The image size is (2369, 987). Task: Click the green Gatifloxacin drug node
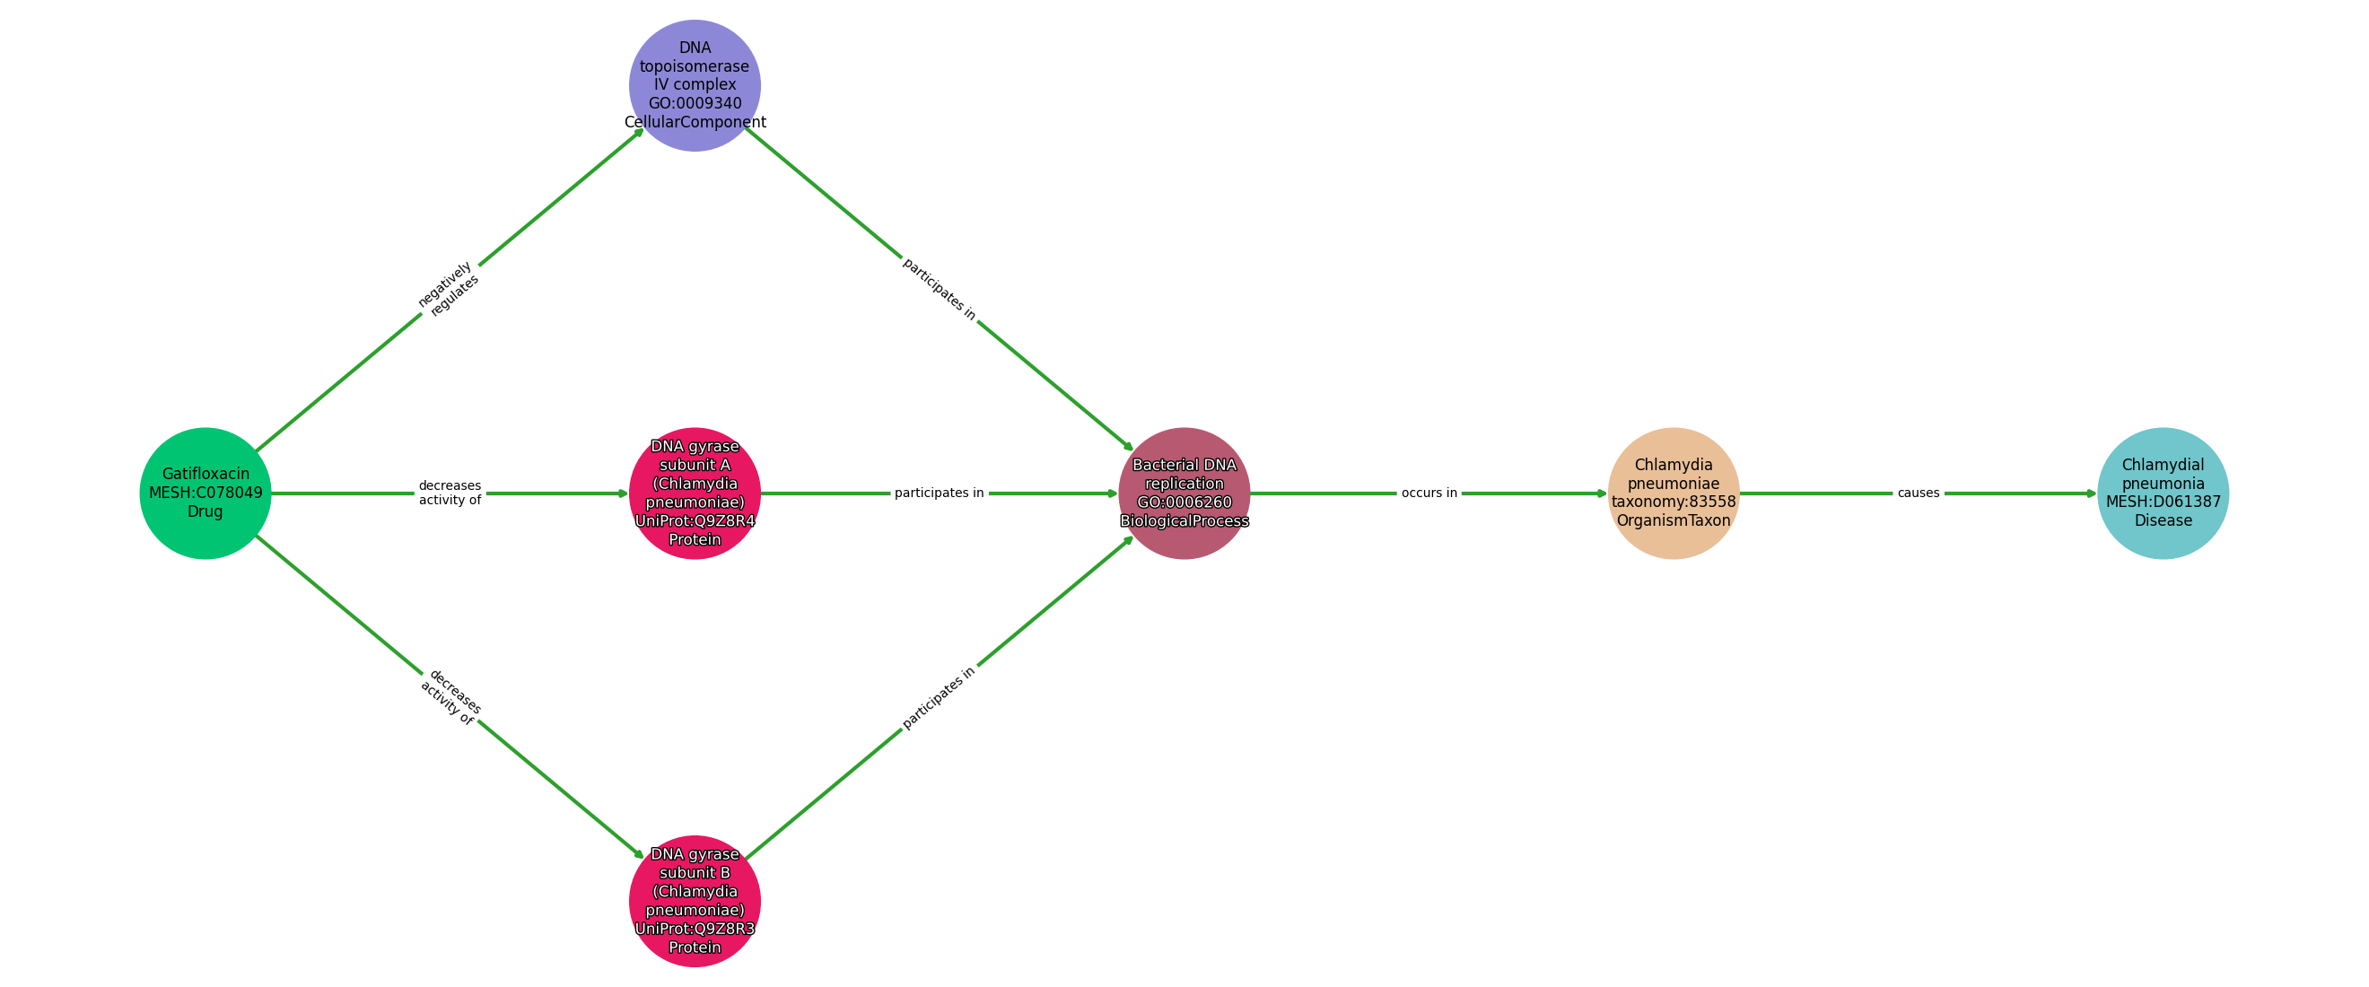(x=205, y=493)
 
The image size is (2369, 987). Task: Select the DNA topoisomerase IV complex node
(x=695, y=85)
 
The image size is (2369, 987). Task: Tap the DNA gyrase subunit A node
(x=695, y=493)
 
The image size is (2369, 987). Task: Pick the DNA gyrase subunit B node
(x=695, y=901)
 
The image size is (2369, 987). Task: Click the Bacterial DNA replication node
(x=1184, y=493)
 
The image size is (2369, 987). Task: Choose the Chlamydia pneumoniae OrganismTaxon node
(x=1673, y=493)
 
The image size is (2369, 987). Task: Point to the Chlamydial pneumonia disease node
(x=2162, y=493)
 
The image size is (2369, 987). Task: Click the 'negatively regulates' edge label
(x=449, y=289)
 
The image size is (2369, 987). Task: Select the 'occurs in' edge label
(x=1429, y=493)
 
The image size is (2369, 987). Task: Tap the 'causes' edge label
(x=1919, y=493)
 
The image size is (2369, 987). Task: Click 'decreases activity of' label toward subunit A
(x=450, y=493)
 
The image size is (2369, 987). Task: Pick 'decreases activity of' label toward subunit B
(x=450, y=697)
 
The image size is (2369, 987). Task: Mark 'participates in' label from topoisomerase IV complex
(x=939, y=289)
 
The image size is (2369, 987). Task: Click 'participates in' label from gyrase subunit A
(x=939, y=493)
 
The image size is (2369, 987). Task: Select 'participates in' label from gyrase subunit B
(x=939, y=698)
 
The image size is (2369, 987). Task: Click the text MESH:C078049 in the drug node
(x=205, y=493)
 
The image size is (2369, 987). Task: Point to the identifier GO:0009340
(x=695, y=103)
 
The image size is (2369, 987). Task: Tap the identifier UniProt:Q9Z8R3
(x=695, y=928)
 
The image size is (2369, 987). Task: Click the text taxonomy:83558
(x=1673, y=502)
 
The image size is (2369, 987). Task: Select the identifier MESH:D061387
(x=2162, y=502)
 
